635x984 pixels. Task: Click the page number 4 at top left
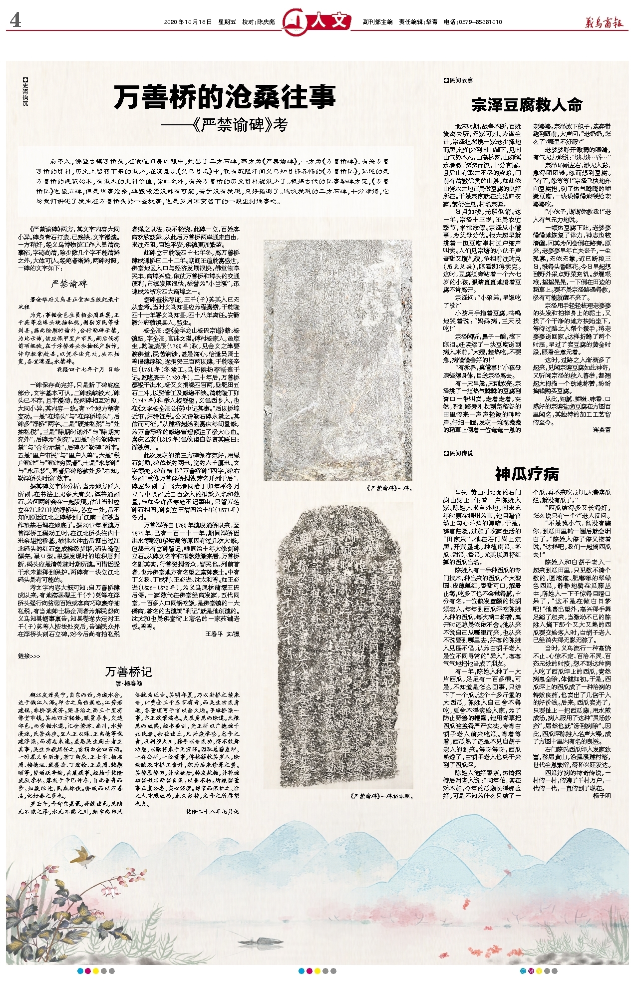pos(15,21)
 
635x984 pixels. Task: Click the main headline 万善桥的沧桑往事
pos(225,97)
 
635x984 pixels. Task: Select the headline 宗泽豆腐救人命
pos(527,105)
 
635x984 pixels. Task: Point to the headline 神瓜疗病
pos(527,473)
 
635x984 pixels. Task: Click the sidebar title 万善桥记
pos(129,671)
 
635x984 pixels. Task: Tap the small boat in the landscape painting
pos(263,941)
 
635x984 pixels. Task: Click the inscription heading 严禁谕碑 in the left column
pos(69,284)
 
